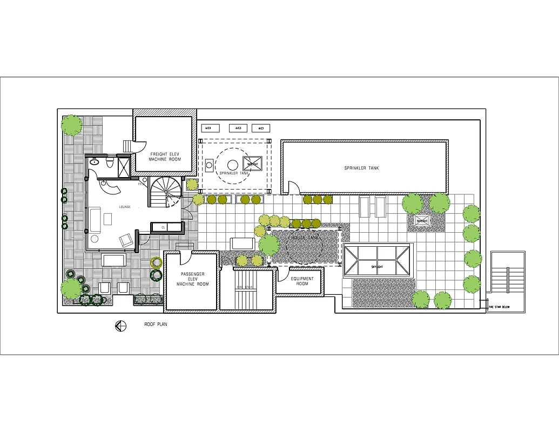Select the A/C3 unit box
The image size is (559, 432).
tap(238, 129)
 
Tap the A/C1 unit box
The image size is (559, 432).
tap(262, 129)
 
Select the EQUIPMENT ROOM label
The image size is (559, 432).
tap(301, 281)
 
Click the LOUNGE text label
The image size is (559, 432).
tap(125, 207)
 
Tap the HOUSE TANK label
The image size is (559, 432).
tap(306, 238)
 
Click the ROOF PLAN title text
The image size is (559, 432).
tap(156, 325)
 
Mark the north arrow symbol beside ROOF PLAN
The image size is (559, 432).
tap(120, 326)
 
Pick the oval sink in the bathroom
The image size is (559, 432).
tap(95, 161)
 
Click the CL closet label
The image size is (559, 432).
tap(163, 227)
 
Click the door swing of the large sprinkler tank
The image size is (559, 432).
tap(293, 188)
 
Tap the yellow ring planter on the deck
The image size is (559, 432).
tap(157, 263)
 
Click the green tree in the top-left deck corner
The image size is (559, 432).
tap(72, 125)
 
